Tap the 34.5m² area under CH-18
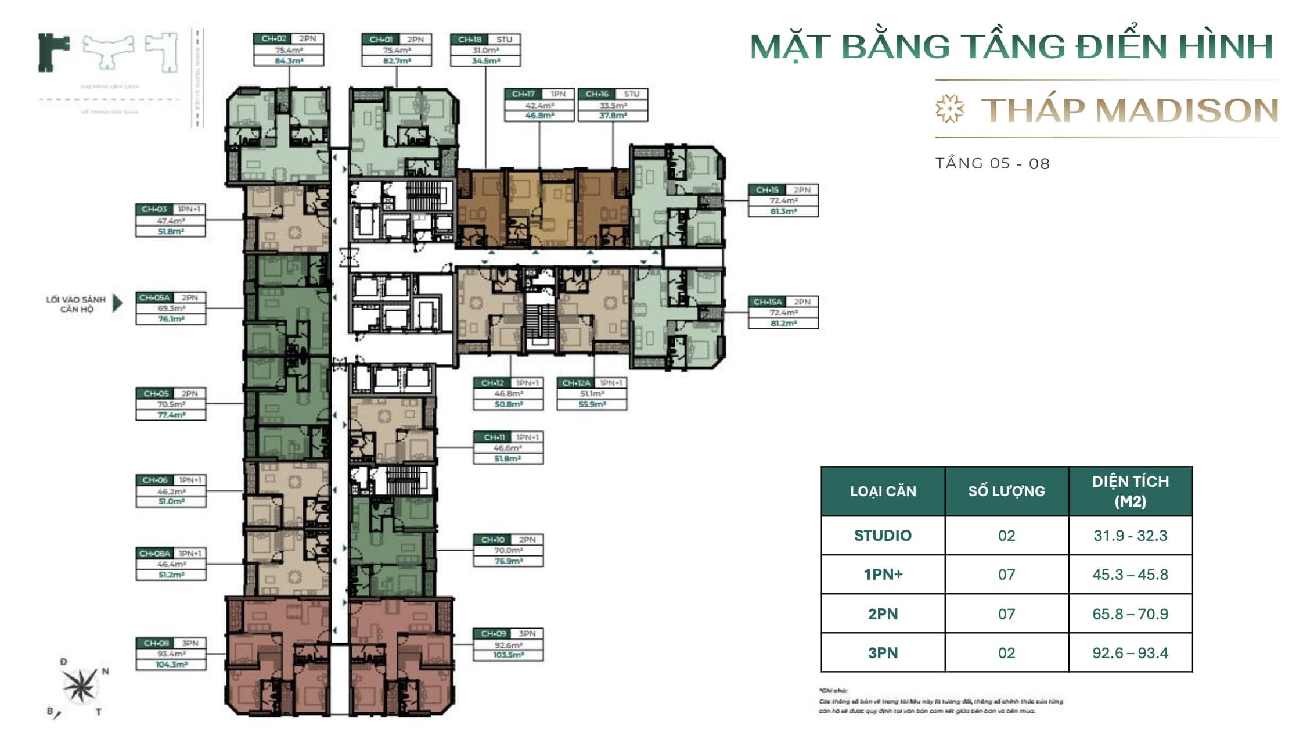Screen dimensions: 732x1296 coord(485,60)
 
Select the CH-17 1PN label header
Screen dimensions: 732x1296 coord(539,94)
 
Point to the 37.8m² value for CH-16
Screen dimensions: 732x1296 coord(613,116)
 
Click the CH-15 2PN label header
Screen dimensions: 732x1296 coord(783,190)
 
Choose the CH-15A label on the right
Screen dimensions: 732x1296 coord(768,302)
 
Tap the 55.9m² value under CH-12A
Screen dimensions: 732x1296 coord(592,404)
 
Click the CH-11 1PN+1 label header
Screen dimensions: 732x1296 coord(508,437)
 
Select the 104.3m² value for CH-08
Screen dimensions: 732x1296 coord(171,665)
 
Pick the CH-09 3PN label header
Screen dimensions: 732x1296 coord(508,633)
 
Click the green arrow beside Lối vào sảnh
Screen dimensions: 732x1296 coord(118,303)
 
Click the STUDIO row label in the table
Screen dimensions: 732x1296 coord(883,536)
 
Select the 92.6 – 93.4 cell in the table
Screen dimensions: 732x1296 coord(1130,653)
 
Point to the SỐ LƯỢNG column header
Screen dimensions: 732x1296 coord(1006,491)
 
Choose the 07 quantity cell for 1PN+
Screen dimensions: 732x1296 coord(1006,575)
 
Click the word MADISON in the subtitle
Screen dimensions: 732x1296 coord(1187,110)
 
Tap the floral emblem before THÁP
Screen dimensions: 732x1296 coord(950,109)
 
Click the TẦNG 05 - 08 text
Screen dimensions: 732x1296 coord(992,164)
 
